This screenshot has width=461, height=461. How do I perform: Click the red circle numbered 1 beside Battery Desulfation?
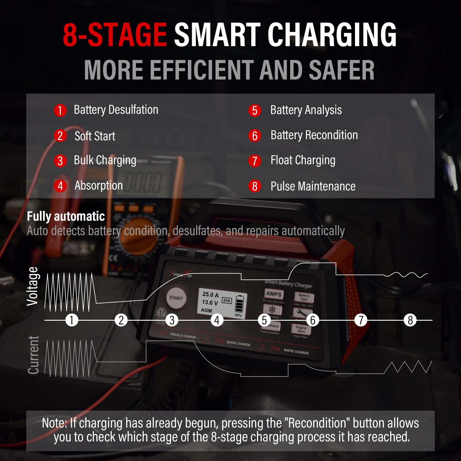click(60, 110)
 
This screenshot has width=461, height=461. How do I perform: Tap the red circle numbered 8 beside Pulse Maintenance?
click(255, 186)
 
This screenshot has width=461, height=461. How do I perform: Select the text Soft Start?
click(95, 136)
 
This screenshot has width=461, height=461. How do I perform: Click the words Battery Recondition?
click(314, 135)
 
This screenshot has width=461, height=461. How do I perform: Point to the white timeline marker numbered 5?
click(264, 320)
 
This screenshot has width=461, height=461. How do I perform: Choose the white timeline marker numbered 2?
click(121, 320)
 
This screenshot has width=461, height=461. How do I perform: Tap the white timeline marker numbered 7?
click(361, 320)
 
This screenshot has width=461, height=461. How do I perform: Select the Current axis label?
click(33, 355)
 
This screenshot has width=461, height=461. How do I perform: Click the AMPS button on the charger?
click(274, 294)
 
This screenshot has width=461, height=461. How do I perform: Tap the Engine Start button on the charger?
click(301, 329)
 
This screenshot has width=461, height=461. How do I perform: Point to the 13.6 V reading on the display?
click(210, 302)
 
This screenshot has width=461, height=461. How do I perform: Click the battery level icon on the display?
click(239, 304)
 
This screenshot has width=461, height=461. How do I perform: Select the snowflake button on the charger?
click(272, 310)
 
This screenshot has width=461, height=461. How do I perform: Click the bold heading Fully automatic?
click(66, 216)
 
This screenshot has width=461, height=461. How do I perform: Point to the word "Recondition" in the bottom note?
click(317, 423)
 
